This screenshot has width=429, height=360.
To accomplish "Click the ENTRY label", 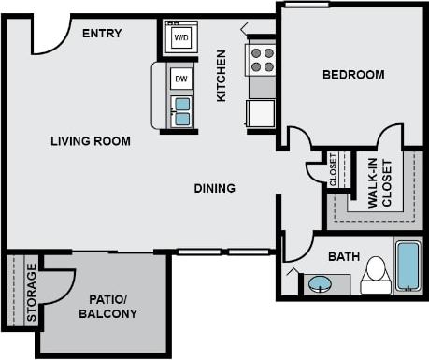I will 102,34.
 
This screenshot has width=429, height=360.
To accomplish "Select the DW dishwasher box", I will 181,79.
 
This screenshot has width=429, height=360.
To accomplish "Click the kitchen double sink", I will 181,111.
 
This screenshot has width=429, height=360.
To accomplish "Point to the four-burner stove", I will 262,61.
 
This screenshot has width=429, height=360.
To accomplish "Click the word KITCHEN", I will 222,76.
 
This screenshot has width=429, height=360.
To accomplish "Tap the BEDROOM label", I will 353,75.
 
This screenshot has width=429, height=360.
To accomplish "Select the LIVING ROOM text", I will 91,141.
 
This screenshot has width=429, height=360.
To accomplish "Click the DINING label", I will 214,188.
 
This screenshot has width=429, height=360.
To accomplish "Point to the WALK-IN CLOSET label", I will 379,183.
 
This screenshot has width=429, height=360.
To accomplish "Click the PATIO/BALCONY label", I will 113,307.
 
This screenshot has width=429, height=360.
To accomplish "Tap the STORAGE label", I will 32,293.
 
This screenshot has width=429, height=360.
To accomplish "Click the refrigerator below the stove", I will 261,113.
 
